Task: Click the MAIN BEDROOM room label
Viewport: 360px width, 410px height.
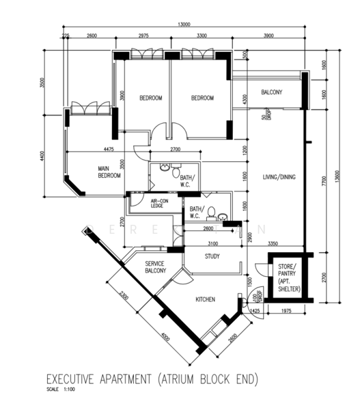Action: [109, 172]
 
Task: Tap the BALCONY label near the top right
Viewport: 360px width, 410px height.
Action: [271, 92]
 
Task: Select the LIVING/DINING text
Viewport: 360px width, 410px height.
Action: [279, 178]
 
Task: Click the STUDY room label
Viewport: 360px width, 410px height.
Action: [212, 257]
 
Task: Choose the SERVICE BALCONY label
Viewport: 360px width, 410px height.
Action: [155, 267]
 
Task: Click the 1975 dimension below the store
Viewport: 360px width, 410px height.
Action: [286, 312]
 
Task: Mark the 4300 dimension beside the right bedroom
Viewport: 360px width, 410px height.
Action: [243, 99]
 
